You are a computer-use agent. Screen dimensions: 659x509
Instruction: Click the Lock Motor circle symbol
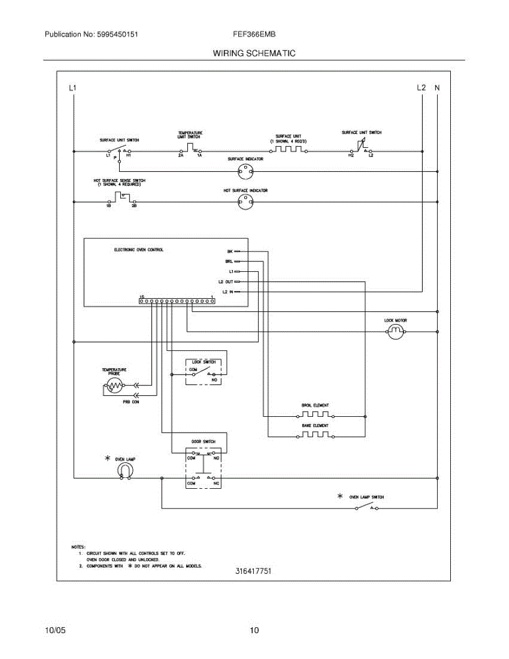396,331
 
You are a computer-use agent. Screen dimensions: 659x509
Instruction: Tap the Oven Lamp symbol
125,470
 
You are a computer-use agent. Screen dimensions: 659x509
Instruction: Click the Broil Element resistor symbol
315,415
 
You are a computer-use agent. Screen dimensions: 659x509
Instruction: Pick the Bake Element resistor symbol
315,435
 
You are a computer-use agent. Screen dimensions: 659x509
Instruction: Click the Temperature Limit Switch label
190,135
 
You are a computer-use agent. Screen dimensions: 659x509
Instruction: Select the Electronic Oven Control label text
138,250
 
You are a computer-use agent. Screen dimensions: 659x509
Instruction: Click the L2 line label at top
421,88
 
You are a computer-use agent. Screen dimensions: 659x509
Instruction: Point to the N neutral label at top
437,88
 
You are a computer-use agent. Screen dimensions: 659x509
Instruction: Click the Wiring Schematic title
254,53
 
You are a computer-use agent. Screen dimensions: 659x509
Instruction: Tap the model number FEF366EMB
254,34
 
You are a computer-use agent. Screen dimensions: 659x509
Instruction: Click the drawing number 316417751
254,571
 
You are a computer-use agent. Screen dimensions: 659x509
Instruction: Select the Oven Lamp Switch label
367,497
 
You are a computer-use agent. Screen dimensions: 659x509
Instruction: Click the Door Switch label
203,442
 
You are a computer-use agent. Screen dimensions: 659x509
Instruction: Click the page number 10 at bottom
254,630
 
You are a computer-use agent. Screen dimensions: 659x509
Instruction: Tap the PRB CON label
131,402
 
